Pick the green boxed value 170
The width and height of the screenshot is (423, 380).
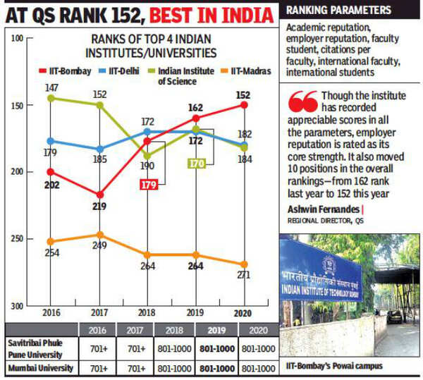tap(197, 164)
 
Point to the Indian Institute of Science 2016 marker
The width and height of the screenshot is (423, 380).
tap(50, 98)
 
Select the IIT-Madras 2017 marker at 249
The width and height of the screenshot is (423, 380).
tap(99, 235)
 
